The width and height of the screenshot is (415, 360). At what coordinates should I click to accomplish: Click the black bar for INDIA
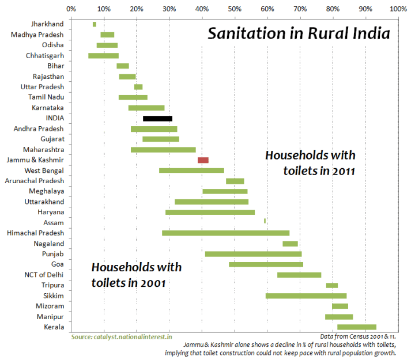(x=157, y=118)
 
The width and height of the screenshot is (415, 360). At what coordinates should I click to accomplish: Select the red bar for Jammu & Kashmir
(x=203, y=160)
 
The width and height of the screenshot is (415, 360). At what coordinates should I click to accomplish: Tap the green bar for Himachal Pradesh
(x=225, y=233)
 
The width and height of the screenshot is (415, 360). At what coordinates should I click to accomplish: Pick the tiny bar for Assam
(x=265, y=221)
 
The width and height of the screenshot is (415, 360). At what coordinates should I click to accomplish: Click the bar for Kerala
(x=356, y=327)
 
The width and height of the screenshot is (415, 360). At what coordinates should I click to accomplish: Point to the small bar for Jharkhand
(x=95, y=24)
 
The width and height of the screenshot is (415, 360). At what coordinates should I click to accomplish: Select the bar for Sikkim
(x=305, y=295)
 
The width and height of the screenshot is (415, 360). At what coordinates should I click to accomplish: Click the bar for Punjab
(x=253, y=253)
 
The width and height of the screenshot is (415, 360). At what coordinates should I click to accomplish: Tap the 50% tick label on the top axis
(x=234, y=9)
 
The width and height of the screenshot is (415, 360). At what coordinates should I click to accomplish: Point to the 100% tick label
(x=397, y=9)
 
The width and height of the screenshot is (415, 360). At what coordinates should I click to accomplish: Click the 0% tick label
(x=71, y=9)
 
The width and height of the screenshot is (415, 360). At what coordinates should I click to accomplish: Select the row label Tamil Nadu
(x=48, y=97)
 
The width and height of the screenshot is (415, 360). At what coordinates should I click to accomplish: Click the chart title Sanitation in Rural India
(x=299, y=33)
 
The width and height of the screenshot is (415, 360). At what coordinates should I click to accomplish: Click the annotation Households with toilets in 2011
(x=310, y=163)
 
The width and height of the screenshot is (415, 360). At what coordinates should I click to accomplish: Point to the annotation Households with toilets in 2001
(x=137, y=275)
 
